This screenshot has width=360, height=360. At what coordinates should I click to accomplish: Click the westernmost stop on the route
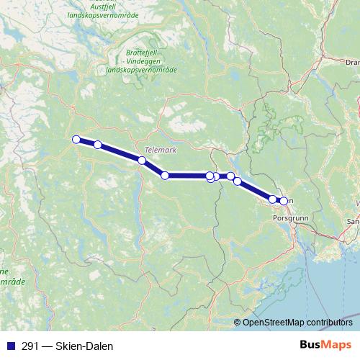[75, 140]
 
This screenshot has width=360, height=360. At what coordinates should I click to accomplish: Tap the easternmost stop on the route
[284, 201]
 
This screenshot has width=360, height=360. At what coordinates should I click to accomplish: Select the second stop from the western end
[97, 145]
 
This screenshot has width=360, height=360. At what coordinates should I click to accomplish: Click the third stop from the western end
[142, 161]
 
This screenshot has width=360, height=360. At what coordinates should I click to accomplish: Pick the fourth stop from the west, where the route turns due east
[165, 176]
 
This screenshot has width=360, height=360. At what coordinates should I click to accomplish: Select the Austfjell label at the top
[106, 5]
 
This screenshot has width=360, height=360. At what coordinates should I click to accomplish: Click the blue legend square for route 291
[9, 346]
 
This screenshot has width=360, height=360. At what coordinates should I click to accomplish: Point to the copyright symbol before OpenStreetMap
[238, 322]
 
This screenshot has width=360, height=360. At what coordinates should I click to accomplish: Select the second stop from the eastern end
[273, 199]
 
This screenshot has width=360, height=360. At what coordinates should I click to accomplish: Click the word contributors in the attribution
[328, 322]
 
